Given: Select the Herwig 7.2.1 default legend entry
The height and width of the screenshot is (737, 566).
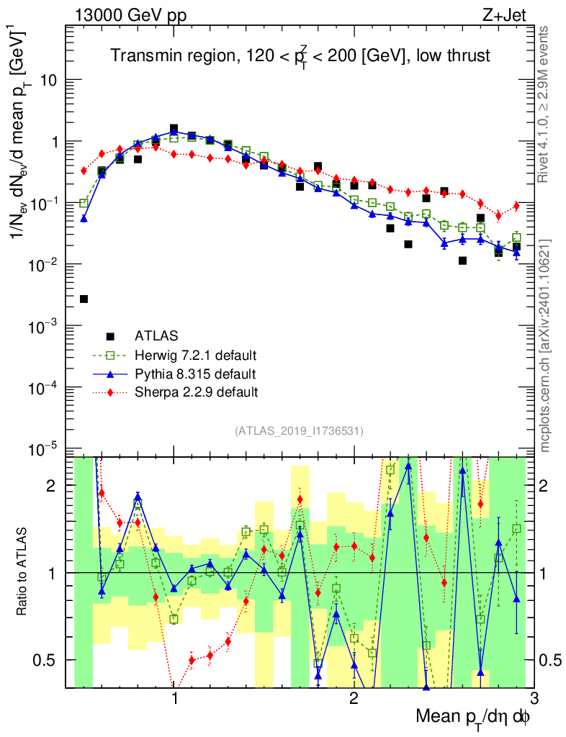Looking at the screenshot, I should (196, 355).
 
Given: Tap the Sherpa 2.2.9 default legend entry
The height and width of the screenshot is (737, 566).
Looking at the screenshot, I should (197, 392).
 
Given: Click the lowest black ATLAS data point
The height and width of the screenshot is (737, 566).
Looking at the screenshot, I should (84, 299).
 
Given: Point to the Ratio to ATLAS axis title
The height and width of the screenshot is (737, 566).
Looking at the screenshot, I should (22, 572).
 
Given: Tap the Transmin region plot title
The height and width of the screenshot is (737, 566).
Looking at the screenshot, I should (299, 56).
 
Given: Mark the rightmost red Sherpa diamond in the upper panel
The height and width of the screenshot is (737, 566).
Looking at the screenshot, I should (516, 207).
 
